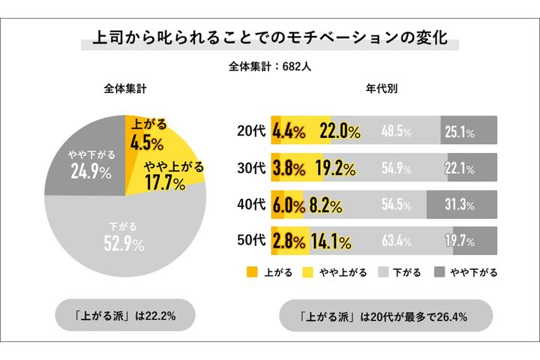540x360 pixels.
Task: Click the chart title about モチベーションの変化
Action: pos(269,38)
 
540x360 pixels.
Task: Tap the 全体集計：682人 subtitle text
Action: pos(269,66)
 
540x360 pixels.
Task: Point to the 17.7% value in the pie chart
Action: pos(173,174)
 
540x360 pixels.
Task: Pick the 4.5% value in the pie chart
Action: pos(147,135)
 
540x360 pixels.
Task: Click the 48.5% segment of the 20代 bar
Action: pos(396,131)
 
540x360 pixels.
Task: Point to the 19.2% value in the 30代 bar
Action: pos(334,168)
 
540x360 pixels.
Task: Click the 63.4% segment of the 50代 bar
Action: pos(396,241)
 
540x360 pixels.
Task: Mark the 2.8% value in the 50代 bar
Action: pos(289,241)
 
